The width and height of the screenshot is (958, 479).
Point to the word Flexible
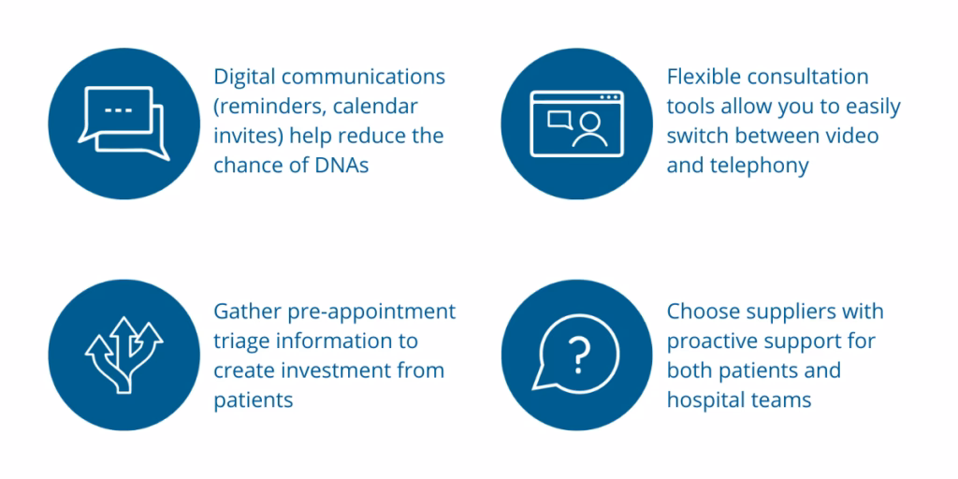click(702, 77)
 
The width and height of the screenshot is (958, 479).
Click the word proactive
click(711, 341)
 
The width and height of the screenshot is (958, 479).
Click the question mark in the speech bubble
click(578, 356)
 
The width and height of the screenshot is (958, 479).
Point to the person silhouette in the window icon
click(589, 129)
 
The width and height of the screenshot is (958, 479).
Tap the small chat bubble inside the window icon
click(559, 119)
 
